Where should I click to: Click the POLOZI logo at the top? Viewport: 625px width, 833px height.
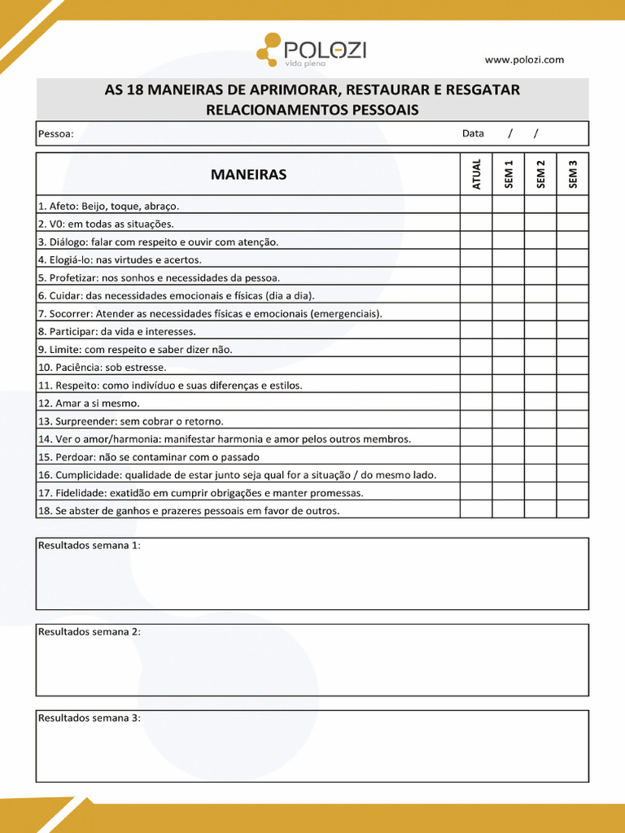tap(312, 50)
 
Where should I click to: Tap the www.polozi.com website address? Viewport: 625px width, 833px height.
tap(524, 59)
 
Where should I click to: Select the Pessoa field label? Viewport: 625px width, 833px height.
tap(55, 133)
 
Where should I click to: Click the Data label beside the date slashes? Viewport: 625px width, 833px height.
tap(473, 133)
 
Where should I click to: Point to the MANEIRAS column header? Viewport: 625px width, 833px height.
tap(248, 174)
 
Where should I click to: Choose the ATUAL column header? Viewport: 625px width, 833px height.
tap(476, 174)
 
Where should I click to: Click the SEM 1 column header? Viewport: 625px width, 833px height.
tap(509, 174)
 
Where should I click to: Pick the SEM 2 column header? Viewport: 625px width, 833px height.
tap(540, 174)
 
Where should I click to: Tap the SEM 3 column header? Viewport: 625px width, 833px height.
tap(573, 174)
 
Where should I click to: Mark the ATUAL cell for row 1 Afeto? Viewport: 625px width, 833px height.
tap(476, 205)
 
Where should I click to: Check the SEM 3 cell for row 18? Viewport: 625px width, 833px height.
tap(573, 510)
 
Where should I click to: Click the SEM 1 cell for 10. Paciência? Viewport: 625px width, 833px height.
tap(509, 367)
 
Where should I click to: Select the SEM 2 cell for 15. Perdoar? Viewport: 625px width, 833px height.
tap(540, 456)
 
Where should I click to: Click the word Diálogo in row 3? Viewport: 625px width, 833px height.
tap(68, 242)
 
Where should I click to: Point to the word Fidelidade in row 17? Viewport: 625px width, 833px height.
tap(79, 492)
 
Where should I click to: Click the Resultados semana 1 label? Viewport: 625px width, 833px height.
tap(89, 545)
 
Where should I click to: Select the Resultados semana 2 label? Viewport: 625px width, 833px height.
tap(89, 631)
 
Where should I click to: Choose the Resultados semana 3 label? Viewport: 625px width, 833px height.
tap(89, 717)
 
